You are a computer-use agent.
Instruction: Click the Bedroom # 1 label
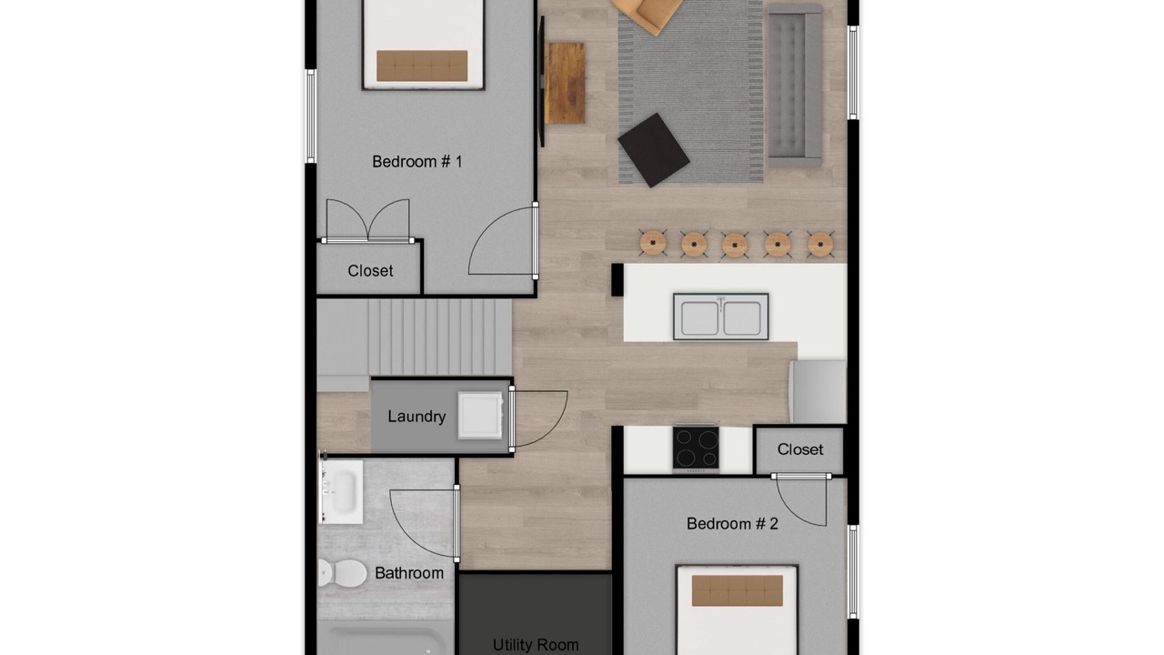416,162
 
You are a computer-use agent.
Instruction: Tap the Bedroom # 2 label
732,523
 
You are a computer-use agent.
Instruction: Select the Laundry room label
416,417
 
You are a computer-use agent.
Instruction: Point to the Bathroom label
409,573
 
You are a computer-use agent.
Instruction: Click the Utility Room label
536,645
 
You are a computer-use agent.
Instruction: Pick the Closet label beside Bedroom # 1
370,271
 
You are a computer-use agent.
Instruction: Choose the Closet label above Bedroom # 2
799,449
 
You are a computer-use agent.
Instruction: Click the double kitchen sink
721,317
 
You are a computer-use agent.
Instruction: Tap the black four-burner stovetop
696,448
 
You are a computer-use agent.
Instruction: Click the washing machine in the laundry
480,416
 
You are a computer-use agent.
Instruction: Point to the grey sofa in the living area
794,86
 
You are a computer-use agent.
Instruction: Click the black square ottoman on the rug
654,150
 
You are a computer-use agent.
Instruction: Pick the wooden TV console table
565,83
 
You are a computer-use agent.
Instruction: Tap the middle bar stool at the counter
735,245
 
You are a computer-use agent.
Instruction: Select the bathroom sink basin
341,492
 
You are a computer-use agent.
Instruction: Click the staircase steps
440,338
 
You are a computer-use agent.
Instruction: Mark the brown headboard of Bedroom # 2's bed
737,590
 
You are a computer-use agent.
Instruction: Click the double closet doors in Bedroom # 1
368,221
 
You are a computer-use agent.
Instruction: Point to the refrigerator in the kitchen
818,391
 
